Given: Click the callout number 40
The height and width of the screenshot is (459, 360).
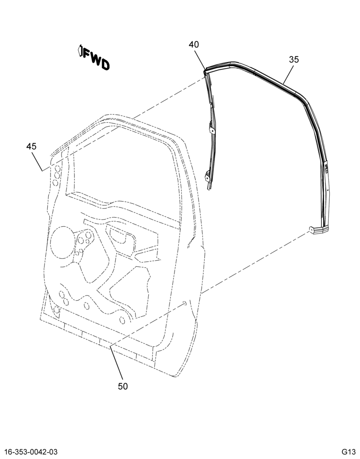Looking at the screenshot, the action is tap(194, 45).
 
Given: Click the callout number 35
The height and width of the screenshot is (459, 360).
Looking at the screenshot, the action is tap(294, 59).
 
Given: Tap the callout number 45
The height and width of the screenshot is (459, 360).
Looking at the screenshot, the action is tap(31, 146).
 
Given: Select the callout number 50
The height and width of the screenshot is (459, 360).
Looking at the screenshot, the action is tap(123, 386).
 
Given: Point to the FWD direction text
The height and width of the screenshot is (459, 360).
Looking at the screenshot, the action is tap(96, 60).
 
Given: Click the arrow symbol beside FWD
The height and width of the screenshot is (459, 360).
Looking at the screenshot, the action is tap(80, 51).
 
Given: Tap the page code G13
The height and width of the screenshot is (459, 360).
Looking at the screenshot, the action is tap(348, 451).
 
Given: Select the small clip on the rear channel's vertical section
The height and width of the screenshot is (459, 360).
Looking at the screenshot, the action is tap(326, 169).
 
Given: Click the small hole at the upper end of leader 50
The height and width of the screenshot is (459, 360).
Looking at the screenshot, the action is tap(185, 303).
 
